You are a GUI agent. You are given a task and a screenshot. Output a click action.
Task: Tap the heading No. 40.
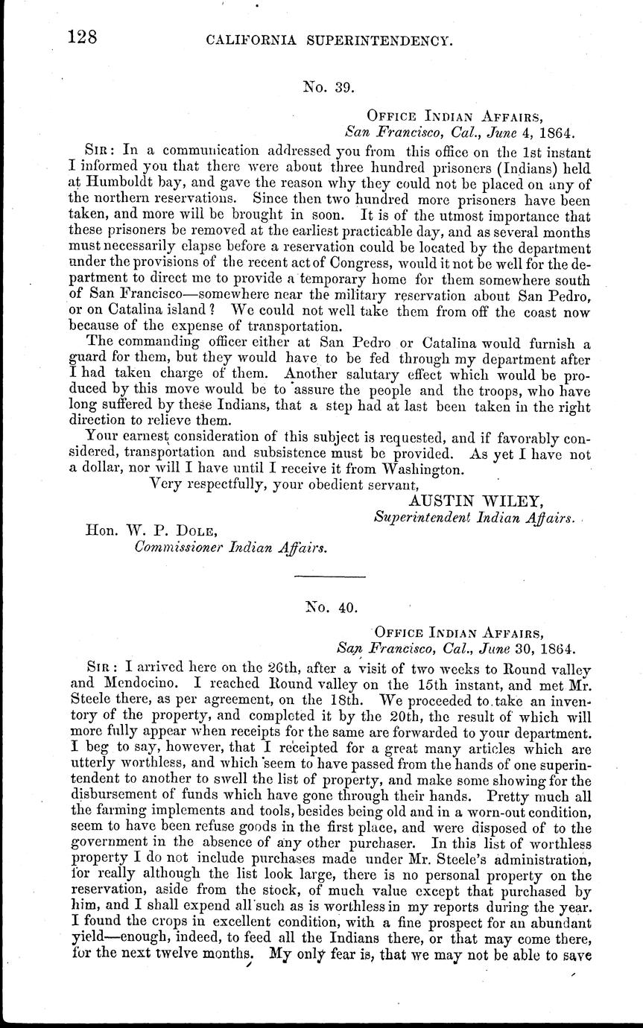click(x=329, y=607)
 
